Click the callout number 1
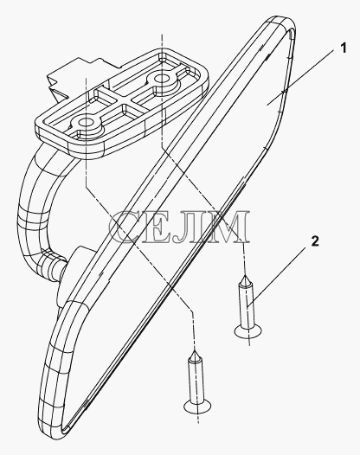click(x=344, y=48)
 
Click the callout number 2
click(x=315, y=241)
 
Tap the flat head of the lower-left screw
click(x=197, y=406)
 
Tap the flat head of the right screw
click(x=248, y=331)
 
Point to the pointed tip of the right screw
click(x=245, y=276)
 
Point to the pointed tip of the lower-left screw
click(x=195, y=352)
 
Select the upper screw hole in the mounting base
click(x=160, y=79)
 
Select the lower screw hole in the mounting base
click(x=85, y=123)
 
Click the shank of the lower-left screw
click(x=196, y=381)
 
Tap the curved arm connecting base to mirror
click(x=34, y=209)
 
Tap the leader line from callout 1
click(x=304, y=78)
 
